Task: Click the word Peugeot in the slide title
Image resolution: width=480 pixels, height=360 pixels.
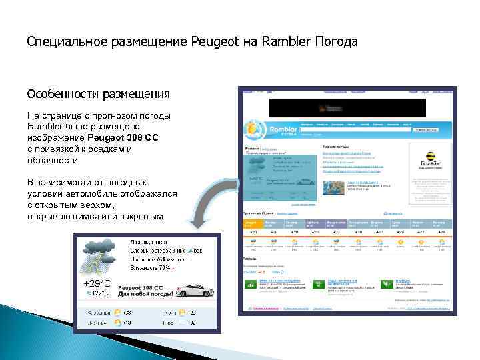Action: click(x=213, y=42)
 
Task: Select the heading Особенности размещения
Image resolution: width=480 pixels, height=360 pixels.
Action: click(x=98, y=94)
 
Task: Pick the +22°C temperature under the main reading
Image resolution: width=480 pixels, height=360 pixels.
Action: click(x=98, y=293)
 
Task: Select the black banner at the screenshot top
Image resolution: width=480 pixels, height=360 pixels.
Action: click(x=347, y=107)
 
